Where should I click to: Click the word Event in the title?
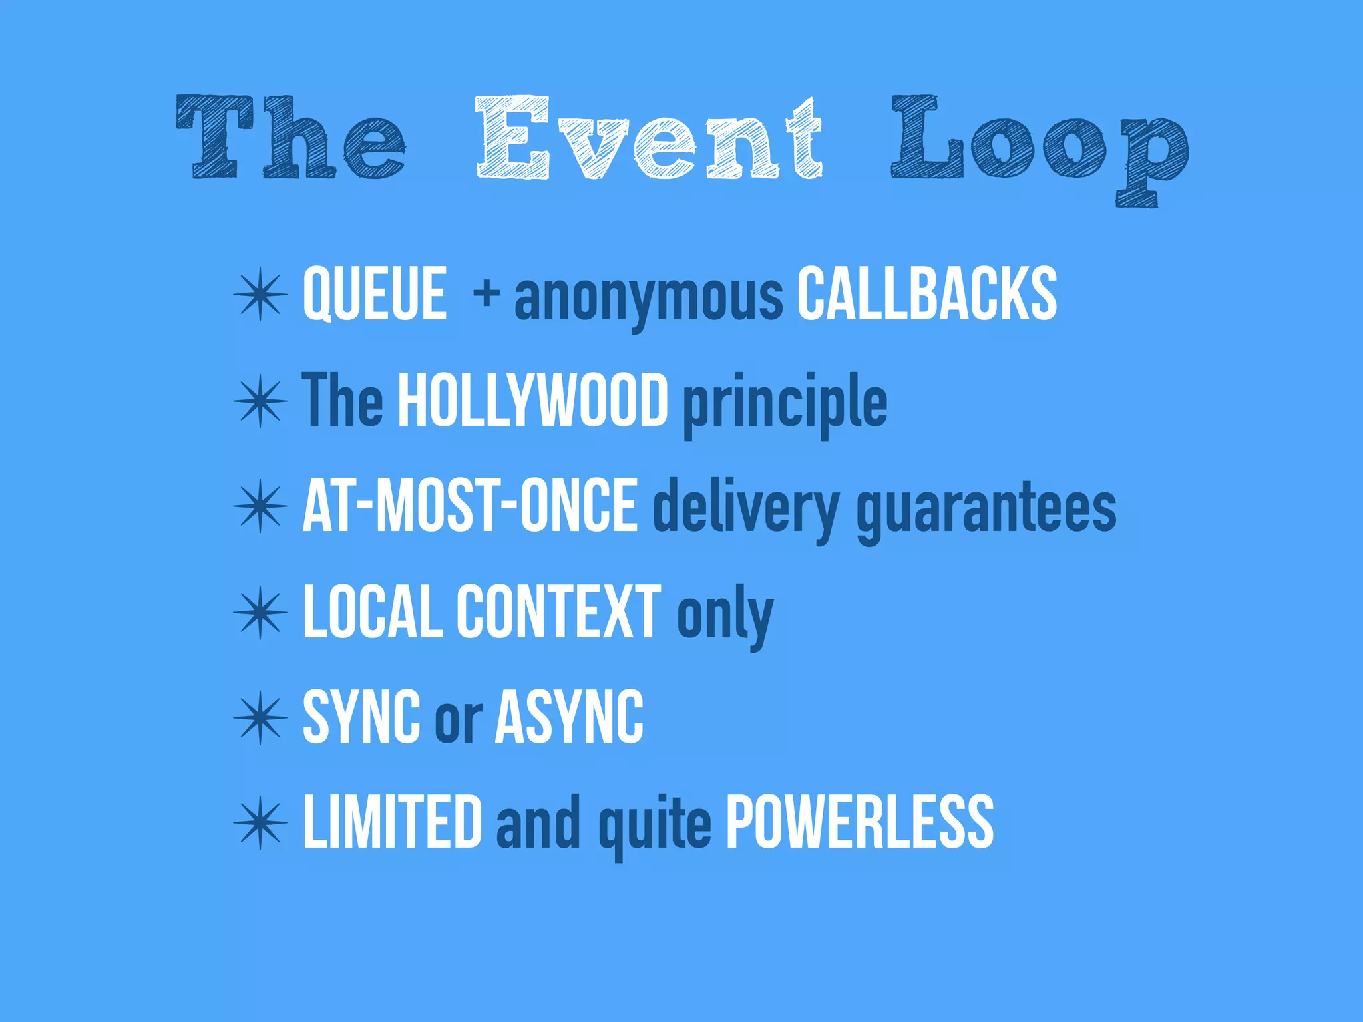point(649,138)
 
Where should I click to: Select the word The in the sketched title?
point(291,138)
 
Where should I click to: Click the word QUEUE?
point(375,294)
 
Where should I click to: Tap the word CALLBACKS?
point(926,294)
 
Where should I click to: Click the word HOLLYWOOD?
point(532,400)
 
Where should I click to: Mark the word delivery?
point(746,510)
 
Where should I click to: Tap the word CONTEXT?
point(558,611)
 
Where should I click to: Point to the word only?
point(725,615)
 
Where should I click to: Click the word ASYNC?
point(570,717)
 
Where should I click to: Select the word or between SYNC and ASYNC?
point(458,719)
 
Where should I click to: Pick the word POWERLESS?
point(859,822)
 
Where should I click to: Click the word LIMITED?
point(392,822)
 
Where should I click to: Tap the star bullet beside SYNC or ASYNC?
point(260,717)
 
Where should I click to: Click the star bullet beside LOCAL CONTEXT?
point(260,612)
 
